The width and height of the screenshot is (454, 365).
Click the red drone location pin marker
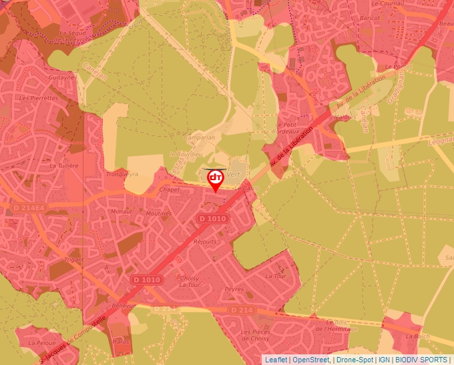215,179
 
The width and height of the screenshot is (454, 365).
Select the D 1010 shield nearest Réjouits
212,219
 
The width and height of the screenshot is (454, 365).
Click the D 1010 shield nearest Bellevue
146,280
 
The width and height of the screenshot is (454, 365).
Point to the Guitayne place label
61,77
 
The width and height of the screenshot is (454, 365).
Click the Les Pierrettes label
39,98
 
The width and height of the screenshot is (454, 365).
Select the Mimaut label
122,211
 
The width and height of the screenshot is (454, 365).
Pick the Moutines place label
159,214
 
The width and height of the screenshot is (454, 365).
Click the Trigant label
74,260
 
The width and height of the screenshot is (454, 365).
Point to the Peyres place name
234,290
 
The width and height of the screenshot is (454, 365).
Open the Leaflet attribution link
276,360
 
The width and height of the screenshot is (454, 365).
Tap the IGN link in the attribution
384,360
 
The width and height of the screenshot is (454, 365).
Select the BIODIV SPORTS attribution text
421,360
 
